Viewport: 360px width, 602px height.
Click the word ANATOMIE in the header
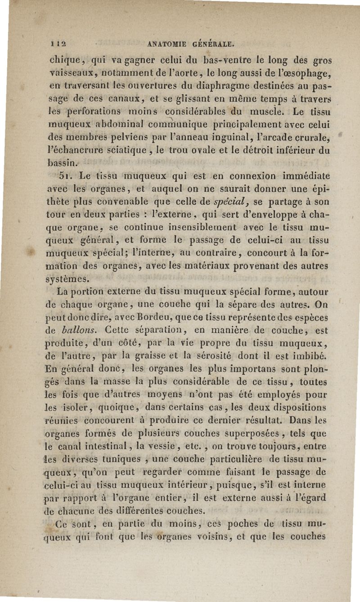(x=169, y=45)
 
